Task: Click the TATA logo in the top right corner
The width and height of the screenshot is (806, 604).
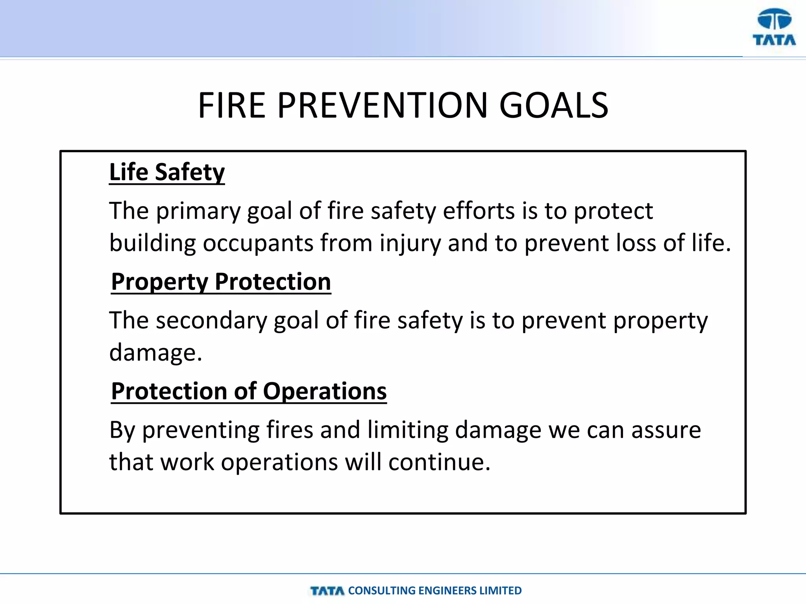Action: point(774,28)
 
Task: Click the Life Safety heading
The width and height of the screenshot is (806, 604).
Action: point(167,172)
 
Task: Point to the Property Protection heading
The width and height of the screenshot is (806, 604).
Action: point(221,282)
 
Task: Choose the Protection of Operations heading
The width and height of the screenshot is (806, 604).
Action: point(249,391)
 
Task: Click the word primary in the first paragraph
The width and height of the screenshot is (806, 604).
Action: point(198,211)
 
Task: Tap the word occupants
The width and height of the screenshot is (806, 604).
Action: point(258,243)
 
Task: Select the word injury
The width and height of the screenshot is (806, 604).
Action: point(410,243)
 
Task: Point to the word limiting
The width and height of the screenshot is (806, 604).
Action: point(408,430)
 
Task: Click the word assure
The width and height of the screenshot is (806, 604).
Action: point(666,430)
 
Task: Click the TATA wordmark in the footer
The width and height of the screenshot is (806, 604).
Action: point(327,591)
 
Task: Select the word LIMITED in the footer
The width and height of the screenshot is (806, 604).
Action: point(501,591)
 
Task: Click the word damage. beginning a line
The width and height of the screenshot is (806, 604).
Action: point(155,353)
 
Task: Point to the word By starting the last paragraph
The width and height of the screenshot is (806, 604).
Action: point(122,430)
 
